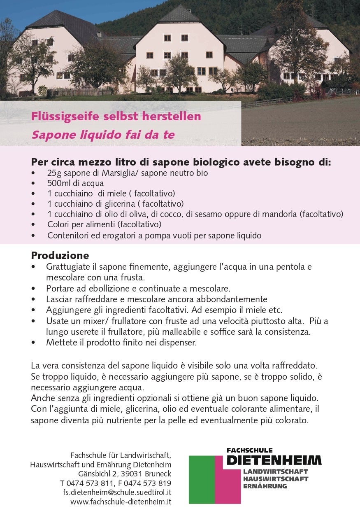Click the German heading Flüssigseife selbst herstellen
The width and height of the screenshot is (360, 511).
(x=116, y=117)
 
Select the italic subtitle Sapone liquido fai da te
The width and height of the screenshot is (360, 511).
(x=103, y=135)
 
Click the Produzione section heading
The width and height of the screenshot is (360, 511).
(x=60, y=256)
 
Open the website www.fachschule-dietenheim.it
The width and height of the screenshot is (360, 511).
(x=121, y=502)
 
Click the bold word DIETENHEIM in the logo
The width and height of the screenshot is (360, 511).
(x=274, y=460)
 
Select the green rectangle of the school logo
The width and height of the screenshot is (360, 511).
(x=202, y=479)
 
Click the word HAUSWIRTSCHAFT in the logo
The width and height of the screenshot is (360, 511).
(x=275, y=479)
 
